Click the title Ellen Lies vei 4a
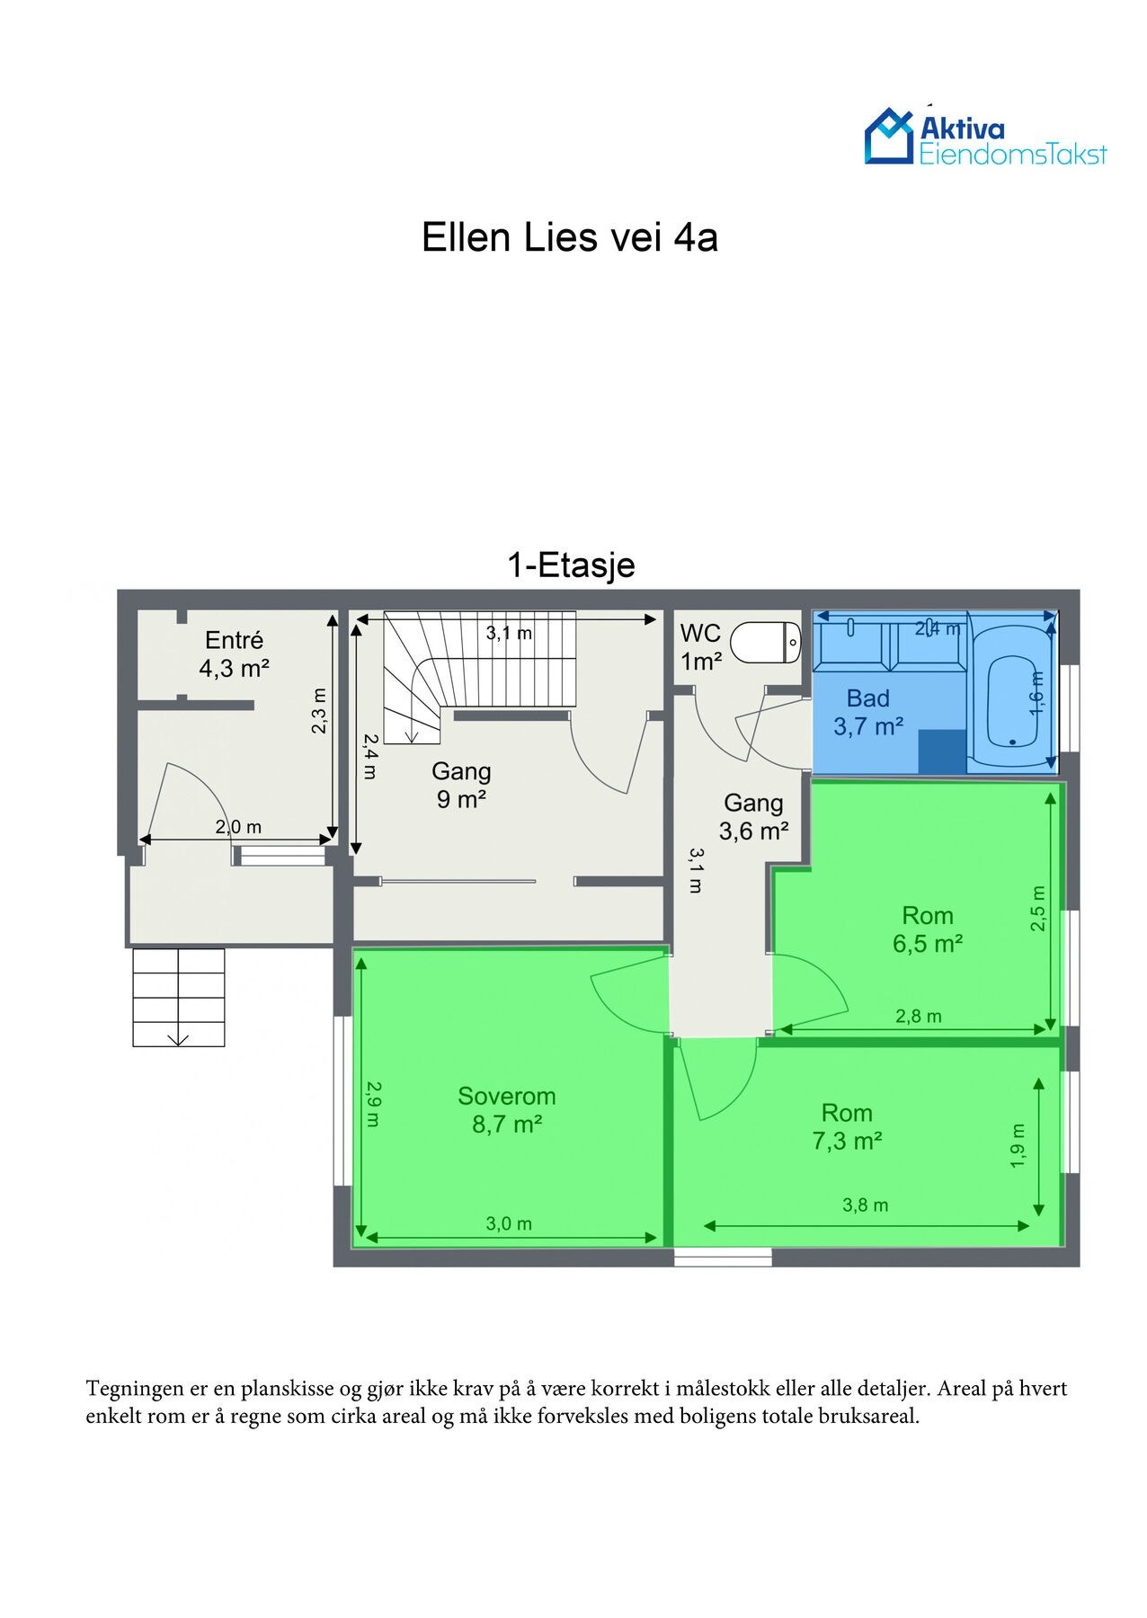(570, 238)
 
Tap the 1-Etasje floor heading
(572, 565)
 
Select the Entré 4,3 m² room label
(235, 654)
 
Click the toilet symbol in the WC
(766, 643)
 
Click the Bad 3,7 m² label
(868, 713)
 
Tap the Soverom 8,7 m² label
(507, 1109)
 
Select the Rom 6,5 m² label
(928, 929)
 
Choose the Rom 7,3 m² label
(847, 1127)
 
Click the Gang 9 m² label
(462, 785)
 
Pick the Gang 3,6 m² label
(753, 816)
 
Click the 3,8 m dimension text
(866, 1205)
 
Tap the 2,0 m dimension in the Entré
(238, 827)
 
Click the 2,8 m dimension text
(919, 1017)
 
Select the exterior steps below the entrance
(178, 998)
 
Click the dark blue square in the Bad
(942, 751)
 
